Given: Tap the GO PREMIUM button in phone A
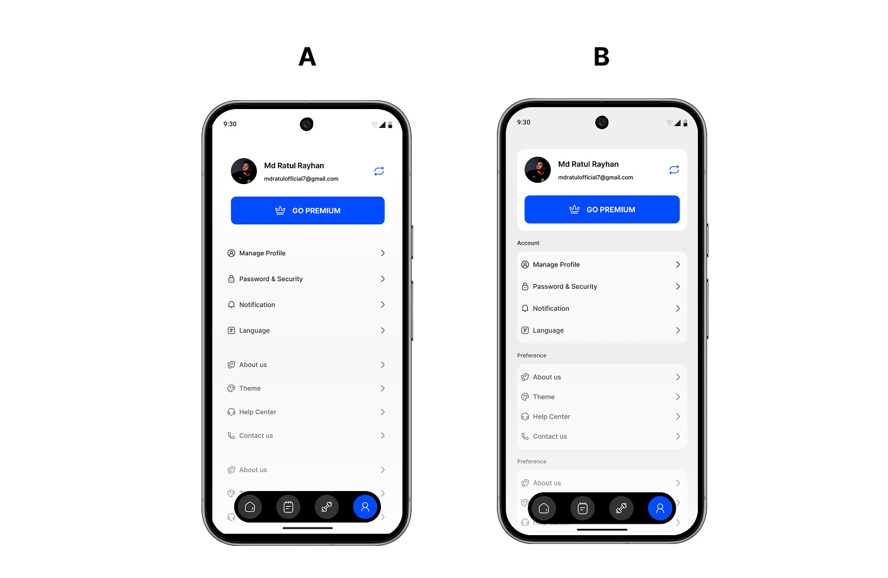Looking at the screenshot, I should coord(307,211).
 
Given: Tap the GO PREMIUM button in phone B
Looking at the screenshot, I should coord(601,209).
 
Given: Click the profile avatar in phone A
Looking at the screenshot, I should coord(244,171).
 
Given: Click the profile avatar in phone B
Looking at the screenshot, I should coord(538,170).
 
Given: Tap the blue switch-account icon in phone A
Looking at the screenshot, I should coord(379,171).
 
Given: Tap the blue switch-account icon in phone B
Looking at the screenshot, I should coord(674,170).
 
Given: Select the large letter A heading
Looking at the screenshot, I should coord(307,57).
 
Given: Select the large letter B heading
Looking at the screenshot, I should coord(601,57).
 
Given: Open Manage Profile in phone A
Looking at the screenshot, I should coord(263,253).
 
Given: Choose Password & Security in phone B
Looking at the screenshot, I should coord(565,287).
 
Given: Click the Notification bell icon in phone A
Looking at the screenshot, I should coord(231,305).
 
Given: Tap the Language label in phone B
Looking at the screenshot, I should coord(549,331).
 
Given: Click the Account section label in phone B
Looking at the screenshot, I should coord(528,243).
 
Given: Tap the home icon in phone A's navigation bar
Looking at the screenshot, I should coord(250,507).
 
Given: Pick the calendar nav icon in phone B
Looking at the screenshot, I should coord(583,508).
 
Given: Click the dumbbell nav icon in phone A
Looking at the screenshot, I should coord(327,507).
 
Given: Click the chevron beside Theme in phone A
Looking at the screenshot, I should coord(382,389).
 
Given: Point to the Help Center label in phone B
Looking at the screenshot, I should coord(552,417).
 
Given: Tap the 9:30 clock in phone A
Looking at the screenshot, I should coord(230,124).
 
